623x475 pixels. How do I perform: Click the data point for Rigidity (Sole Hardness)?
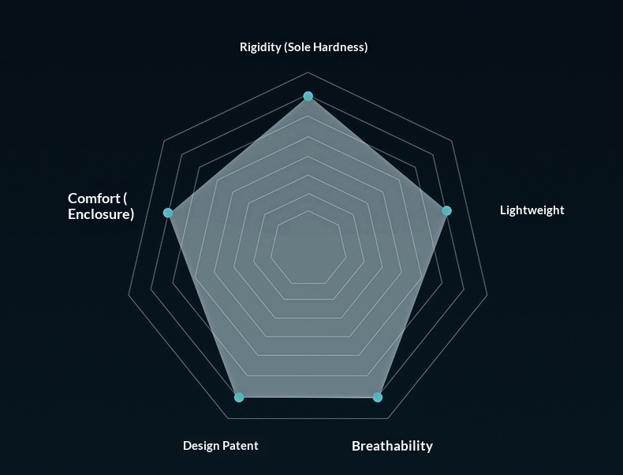[x=308, y=96]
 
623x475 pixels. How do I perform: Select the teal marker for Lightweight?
[x=446, y=210]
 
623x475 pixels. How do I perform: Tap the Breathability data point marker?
[x=378, y=397]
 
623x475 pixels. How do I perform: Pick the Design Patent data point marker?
[x=239, y=397]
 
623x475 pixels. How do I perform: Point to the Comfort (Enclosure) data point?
[x=168, y=213]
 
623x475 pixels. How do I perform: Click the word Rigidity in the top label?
[x=260, y=47]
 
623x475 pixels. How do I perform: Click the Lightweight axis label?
[x=532, y=210]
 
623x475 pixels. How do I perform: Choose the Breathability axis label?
[x=392, y=446]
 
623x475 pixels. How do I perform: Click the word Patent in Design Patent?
[x=240, y=446]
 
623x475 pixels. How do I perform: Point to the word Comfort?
[x=94, y=198]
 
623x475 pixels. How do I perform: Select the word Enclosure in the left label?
[x=101, y=214]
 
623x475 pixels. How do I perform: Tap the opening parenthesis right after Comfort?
[x=125, y=199]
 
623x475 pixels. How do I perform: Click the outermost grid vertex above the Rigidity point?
[x=308, y=72]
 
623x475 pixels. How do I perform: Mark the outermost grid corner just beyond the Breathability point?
[x=388, y=418]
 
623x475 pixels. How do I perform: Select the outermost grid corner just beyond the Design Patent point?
[x=228, y=418]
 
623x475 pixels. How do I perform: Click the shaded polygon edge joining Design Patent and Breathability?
[x=308, y=397]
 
